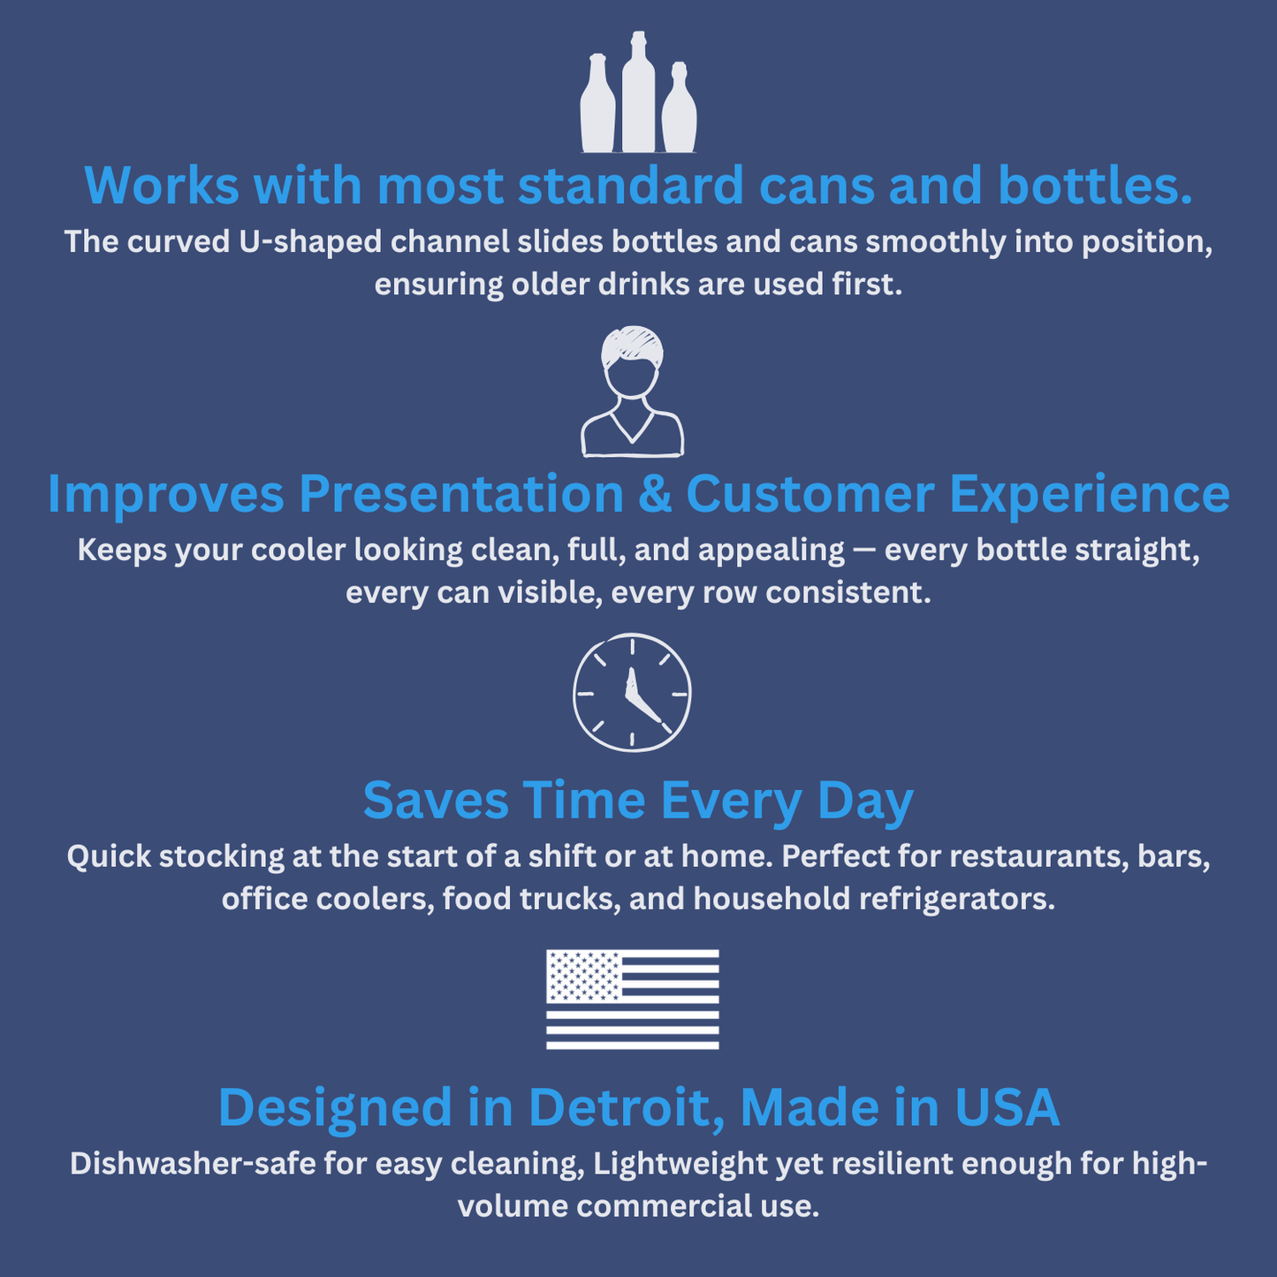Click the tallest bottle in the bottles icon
638,97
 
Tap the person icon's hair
632,345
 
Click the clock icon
632,692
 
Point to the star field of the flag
583,976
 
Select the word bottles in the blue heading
1095,186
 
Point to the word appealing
771,551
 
